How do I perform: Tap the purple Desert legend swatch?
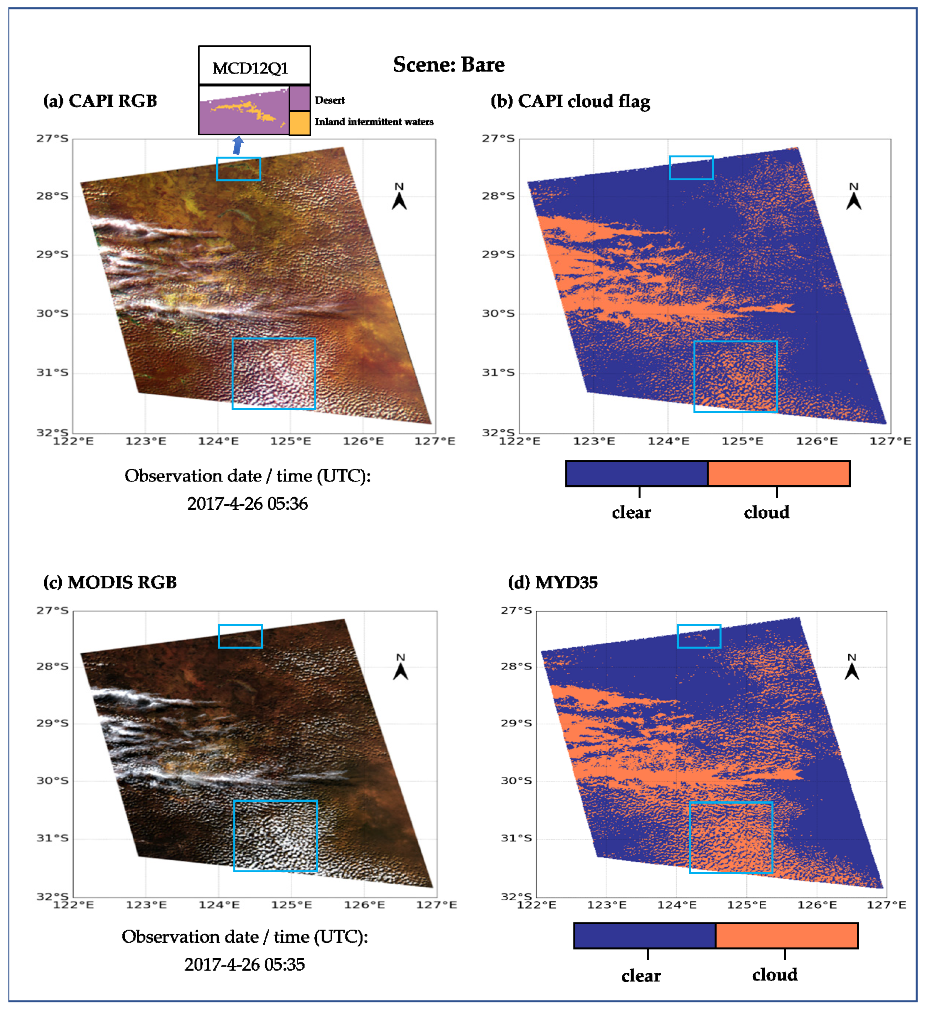[x=299, y=98]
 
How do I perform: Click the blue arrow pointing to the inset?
[x=238, y=146]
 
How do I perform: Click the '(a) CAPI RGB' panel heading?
[x=100, y=101]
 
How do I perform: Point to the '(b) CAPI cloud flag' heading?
[x=570, y=101]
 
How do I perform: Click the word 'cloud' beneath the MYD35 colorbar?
[x=774, y=975]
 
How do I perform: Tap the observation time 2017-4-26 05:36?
[x=247, y=503]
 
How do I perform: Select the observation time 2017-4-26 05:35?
[x=244, y=964]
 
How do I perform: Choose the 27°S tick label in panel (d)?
[x=516, y=610]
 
